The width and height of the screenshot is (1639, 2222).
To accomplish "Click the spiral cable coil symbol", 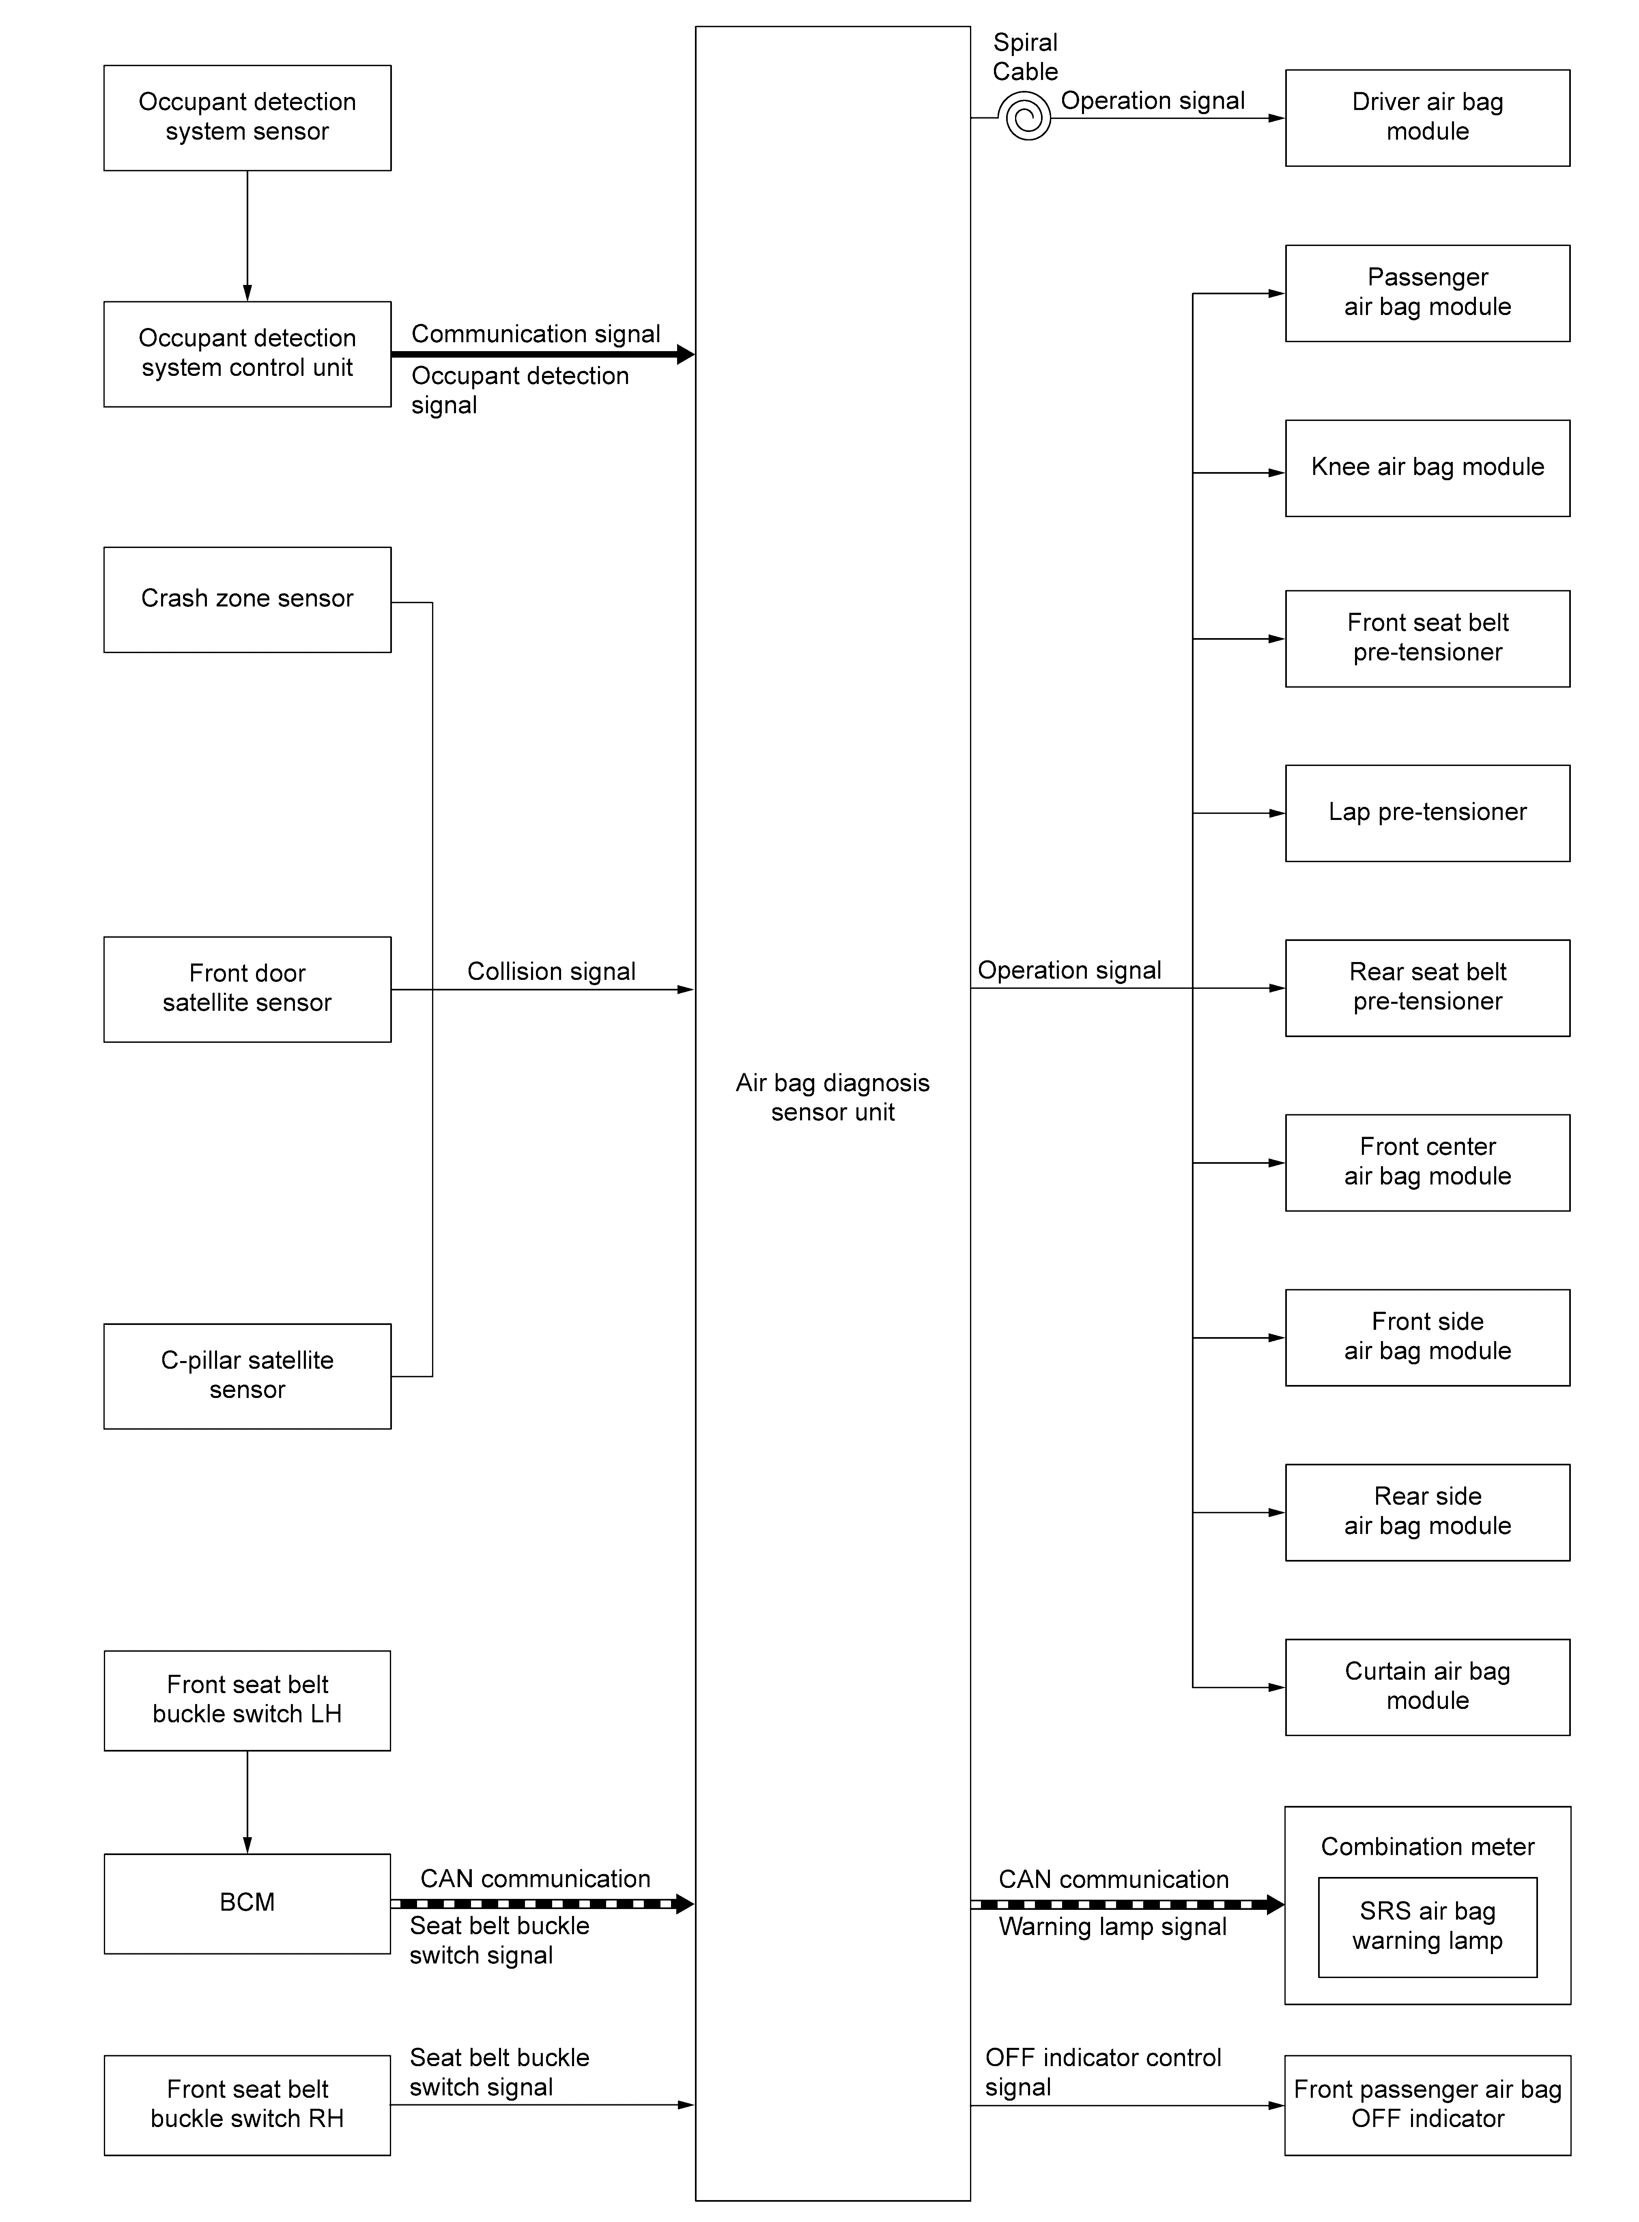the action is pyautogui.click(x=1028, y=117).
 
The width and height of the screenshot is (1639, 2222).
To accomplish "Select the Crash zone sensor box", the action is pyautogui.click(x=247, y=600).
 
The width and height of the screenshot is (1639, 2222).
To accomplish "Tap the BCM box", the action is pyautogui.click(x=247, y=1903).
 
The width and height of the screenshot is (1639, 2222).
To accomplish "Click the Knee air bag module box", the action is pyautogui.click(x=1428, y=468).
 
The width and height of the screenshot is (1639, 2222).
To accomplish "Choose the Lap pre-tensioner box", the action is pyautogui.click(x=1428, y=813).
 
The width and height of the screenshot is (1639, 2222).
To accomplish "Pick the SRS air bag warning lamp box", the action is pyautogui.click(x=1428, y=1927).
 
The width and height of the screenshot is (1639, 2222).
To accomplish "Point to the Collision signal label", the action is pyautogui.click(x=552, y=971).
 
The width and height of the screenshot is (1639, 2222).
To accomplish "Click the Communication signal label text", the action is pyautogui.click(x=536, y=334).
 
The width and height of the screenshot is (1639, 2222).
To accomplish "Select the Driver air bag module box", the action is pyautogui.click(x=1428, y=118).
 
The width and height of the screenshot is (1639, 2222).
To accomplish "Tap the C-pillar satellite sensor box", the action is pyautogui.click(x=247, y=1376).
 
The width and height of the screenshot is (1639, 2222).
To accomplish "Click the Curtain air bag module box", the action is pyautogui.click(x=1428, y=1687).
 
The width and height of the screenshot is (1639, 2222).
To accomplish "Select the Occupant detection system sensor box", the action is pyautogui.click(x=247, y=118).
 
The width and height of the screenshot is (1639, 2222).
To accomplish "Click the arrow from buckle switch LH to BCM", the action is pyautogui.click(x=247, y=1802).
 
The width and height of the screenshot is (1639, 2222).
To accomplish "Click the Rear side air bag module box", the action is pyautogui.click(x=1428, y=1512).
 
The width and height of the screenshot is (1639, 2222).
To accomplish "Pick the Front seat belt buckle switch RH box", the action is pyautogui.click(x=247, y=2105).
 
